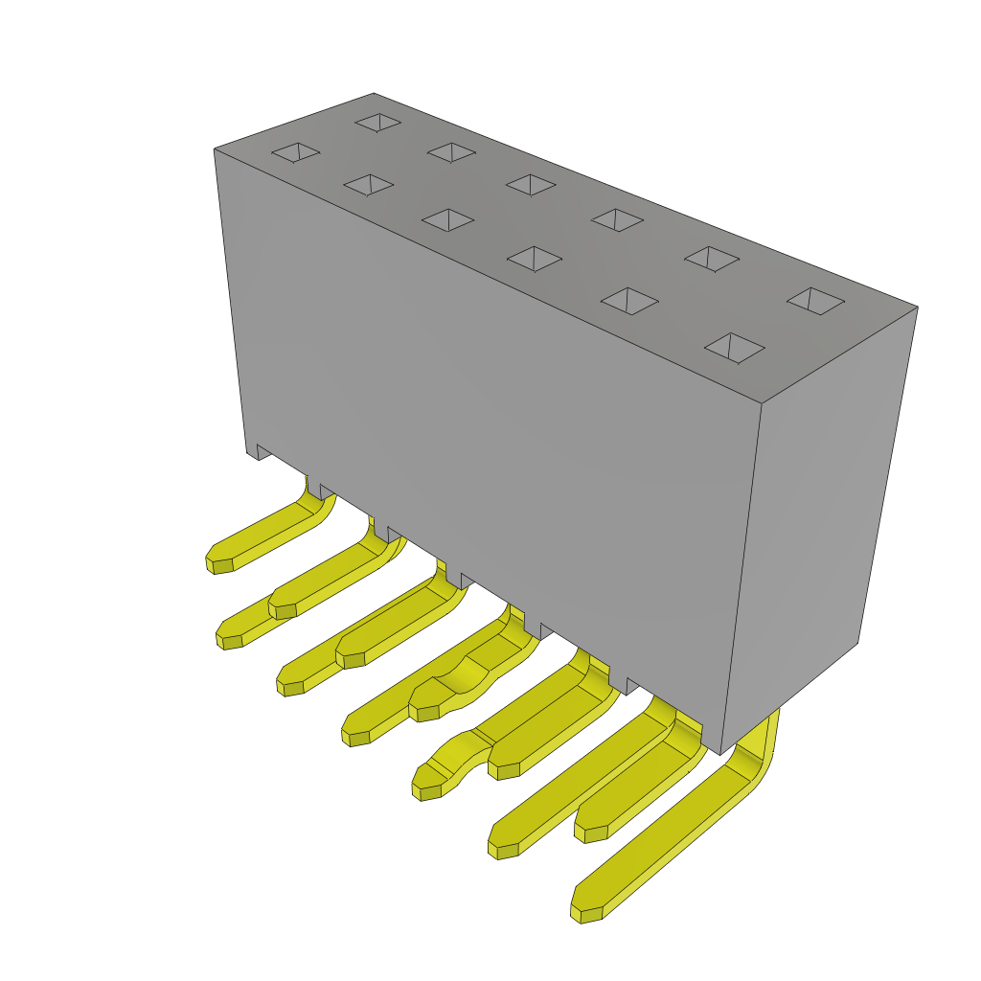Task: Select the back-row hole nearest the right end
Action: [x=815, y=301]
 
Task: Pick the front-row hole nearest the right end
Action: [x=734, y=348]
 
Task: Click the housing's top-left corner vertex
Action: [x=215, y=149]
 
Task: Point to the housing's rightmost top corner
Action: [x=917, y=308]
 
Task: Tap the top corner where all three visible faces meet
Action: [x=762, y=403]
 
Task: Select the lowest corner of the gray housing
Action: [x=720, y=754]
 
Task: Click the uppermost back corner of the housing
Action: [x=374, y=94]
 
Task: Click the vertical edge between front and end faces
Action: [x=741, y=575]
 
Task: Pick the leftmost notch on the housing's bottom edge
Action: [x=263, y=451]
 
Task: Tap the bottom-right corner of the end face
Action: [x=857, y=642]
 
